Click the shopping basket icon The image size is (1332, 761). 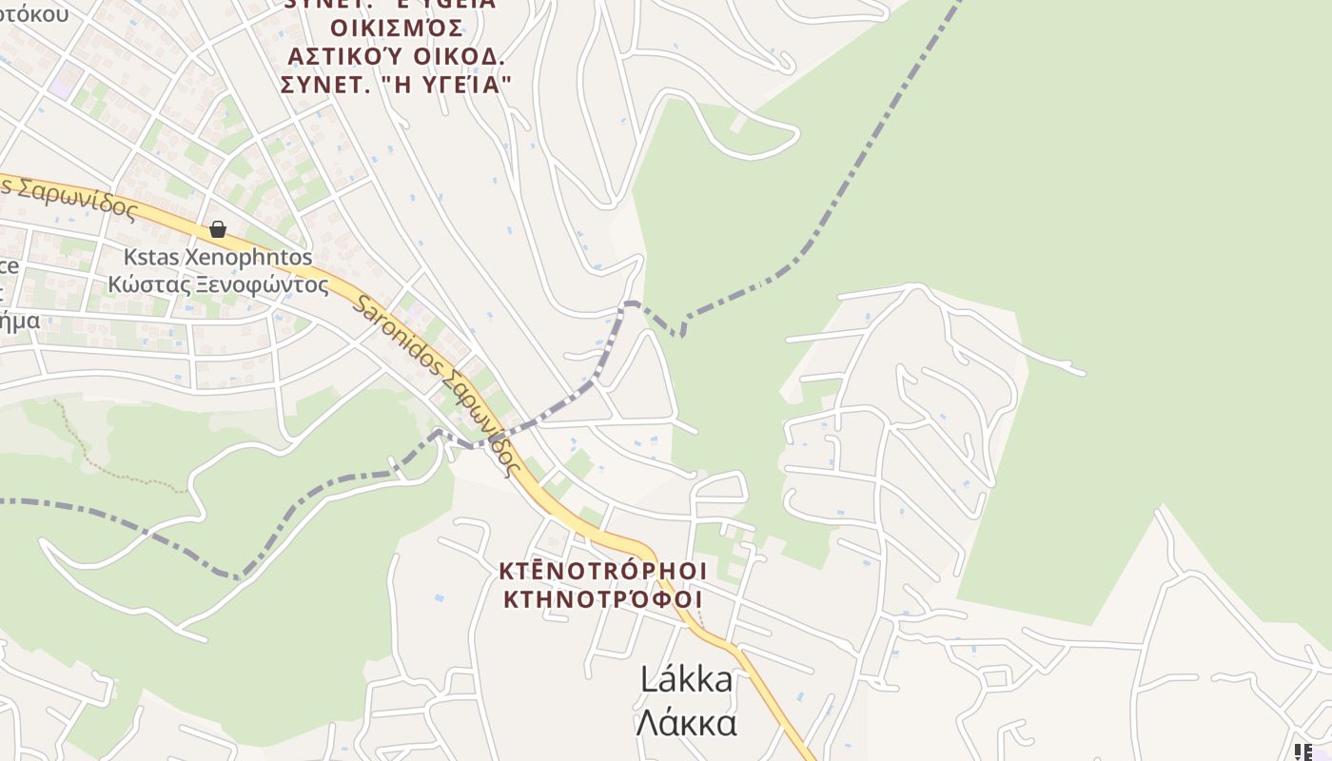point(218,229)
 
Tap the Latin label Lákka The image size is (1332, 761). point(686,679)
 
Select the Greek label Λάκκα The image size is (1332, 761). point(686,723)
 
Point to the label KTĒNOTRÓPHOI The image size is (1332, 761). point(603,571)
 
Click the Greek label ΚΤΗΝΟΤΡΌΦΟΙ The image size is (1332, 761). point(603,599)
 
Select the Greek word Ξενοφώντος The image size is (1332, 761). point(263,283)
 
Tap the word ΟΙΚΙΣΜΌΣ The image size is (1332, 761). point(397,27)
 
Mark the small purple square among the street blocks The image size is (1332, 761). point(61,88)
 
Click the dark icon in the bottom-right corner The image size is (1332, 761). point(1303,751)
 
